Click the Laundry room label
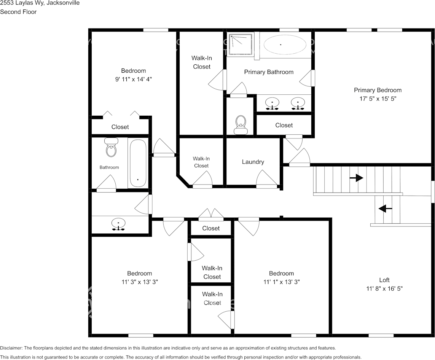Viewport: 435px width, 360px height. [x=253, y=162]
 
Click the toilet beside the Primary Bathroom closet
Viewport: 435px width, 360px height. [x=241, y=125]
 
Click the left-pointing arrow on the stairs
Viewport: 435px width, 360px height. [x=385, y=208]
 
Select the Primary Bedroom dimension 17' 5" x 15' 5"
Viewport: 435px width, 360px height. [x=378, y=98]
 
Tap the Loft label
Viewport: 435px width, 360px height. [x=384, y=280]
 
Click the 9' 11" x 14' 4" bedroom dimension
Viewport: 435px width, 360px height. [x=133, y=79]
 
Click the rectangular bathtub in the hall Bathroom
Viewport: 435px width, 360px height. [x=138, y=163]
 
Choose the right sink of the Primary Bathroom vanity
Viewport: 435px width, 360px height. [x=298, y=103]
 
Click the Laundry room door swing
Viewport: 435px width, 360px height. [x=266, y=178]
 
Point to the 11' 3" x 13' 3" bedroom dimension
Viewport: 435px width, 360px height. [x=139, y=282]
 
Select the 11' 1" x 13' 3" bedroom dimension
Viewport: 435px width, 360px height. [x=281, y=282]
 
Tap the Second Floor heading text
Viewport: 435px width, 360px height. [x=18, y=12]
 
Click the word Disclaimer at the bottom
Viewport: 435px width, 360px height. [x=11, y=348]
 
